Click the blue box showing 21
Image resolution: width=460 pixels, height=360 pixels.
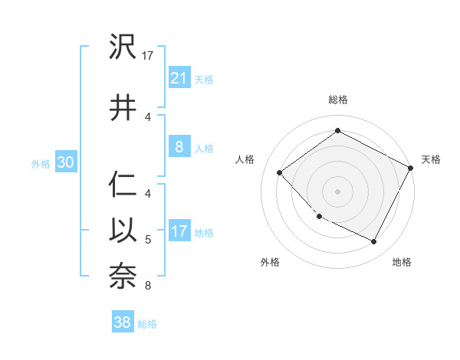click(179, 77)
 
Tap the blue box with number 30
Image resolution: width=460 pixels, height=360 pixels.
click(64, 162)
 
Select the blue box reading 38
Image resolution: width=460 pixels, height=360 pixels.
click(123, 322)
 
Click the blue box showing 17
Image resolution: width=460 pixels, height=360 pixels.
click(179, 231)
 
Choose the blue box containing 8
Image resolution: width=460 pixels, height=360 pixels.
click(179, 146)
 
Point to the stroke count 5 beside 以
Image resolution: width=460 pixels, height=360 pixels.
click(148, 240)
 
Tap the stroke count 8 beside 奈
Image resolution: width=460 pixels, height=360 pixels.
click(148, 286)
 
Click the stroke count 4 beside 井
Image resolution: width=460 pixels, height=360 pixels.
click(148, 116)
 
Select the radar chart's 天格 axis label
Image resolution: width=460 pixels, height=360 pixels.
click(431, 159)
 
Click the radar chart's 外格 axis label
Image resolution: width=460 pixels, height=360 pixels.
click(270, 262)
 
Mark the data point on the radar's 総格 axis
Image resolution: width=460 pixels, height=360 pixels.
click(337, 131)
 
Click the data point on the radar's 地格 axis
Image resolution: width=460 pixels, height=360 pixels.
click(374, 242)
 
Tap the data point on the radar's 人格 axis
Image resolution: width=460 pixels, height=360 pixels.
click(280, 172)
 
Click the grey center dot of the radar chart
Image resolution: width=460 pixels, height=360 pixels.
click(337, 191)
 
